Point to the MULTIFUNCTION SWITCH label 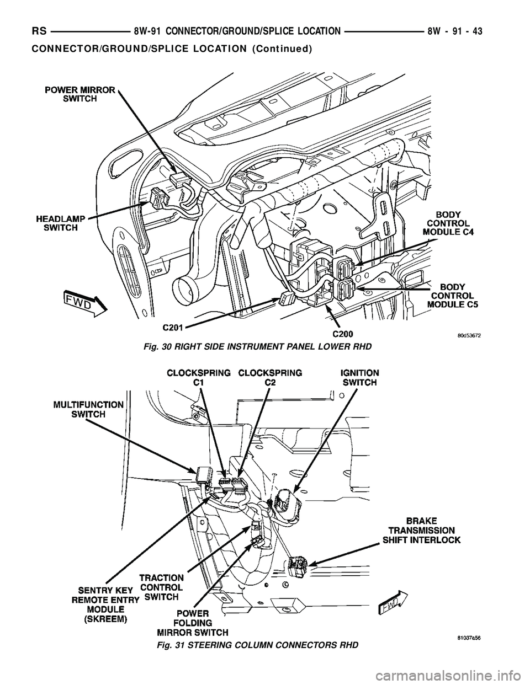[x=88, y=409]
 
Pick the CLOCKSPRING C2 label [x=270, y=378]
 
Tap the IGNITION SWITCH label [x=360, y=378]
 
